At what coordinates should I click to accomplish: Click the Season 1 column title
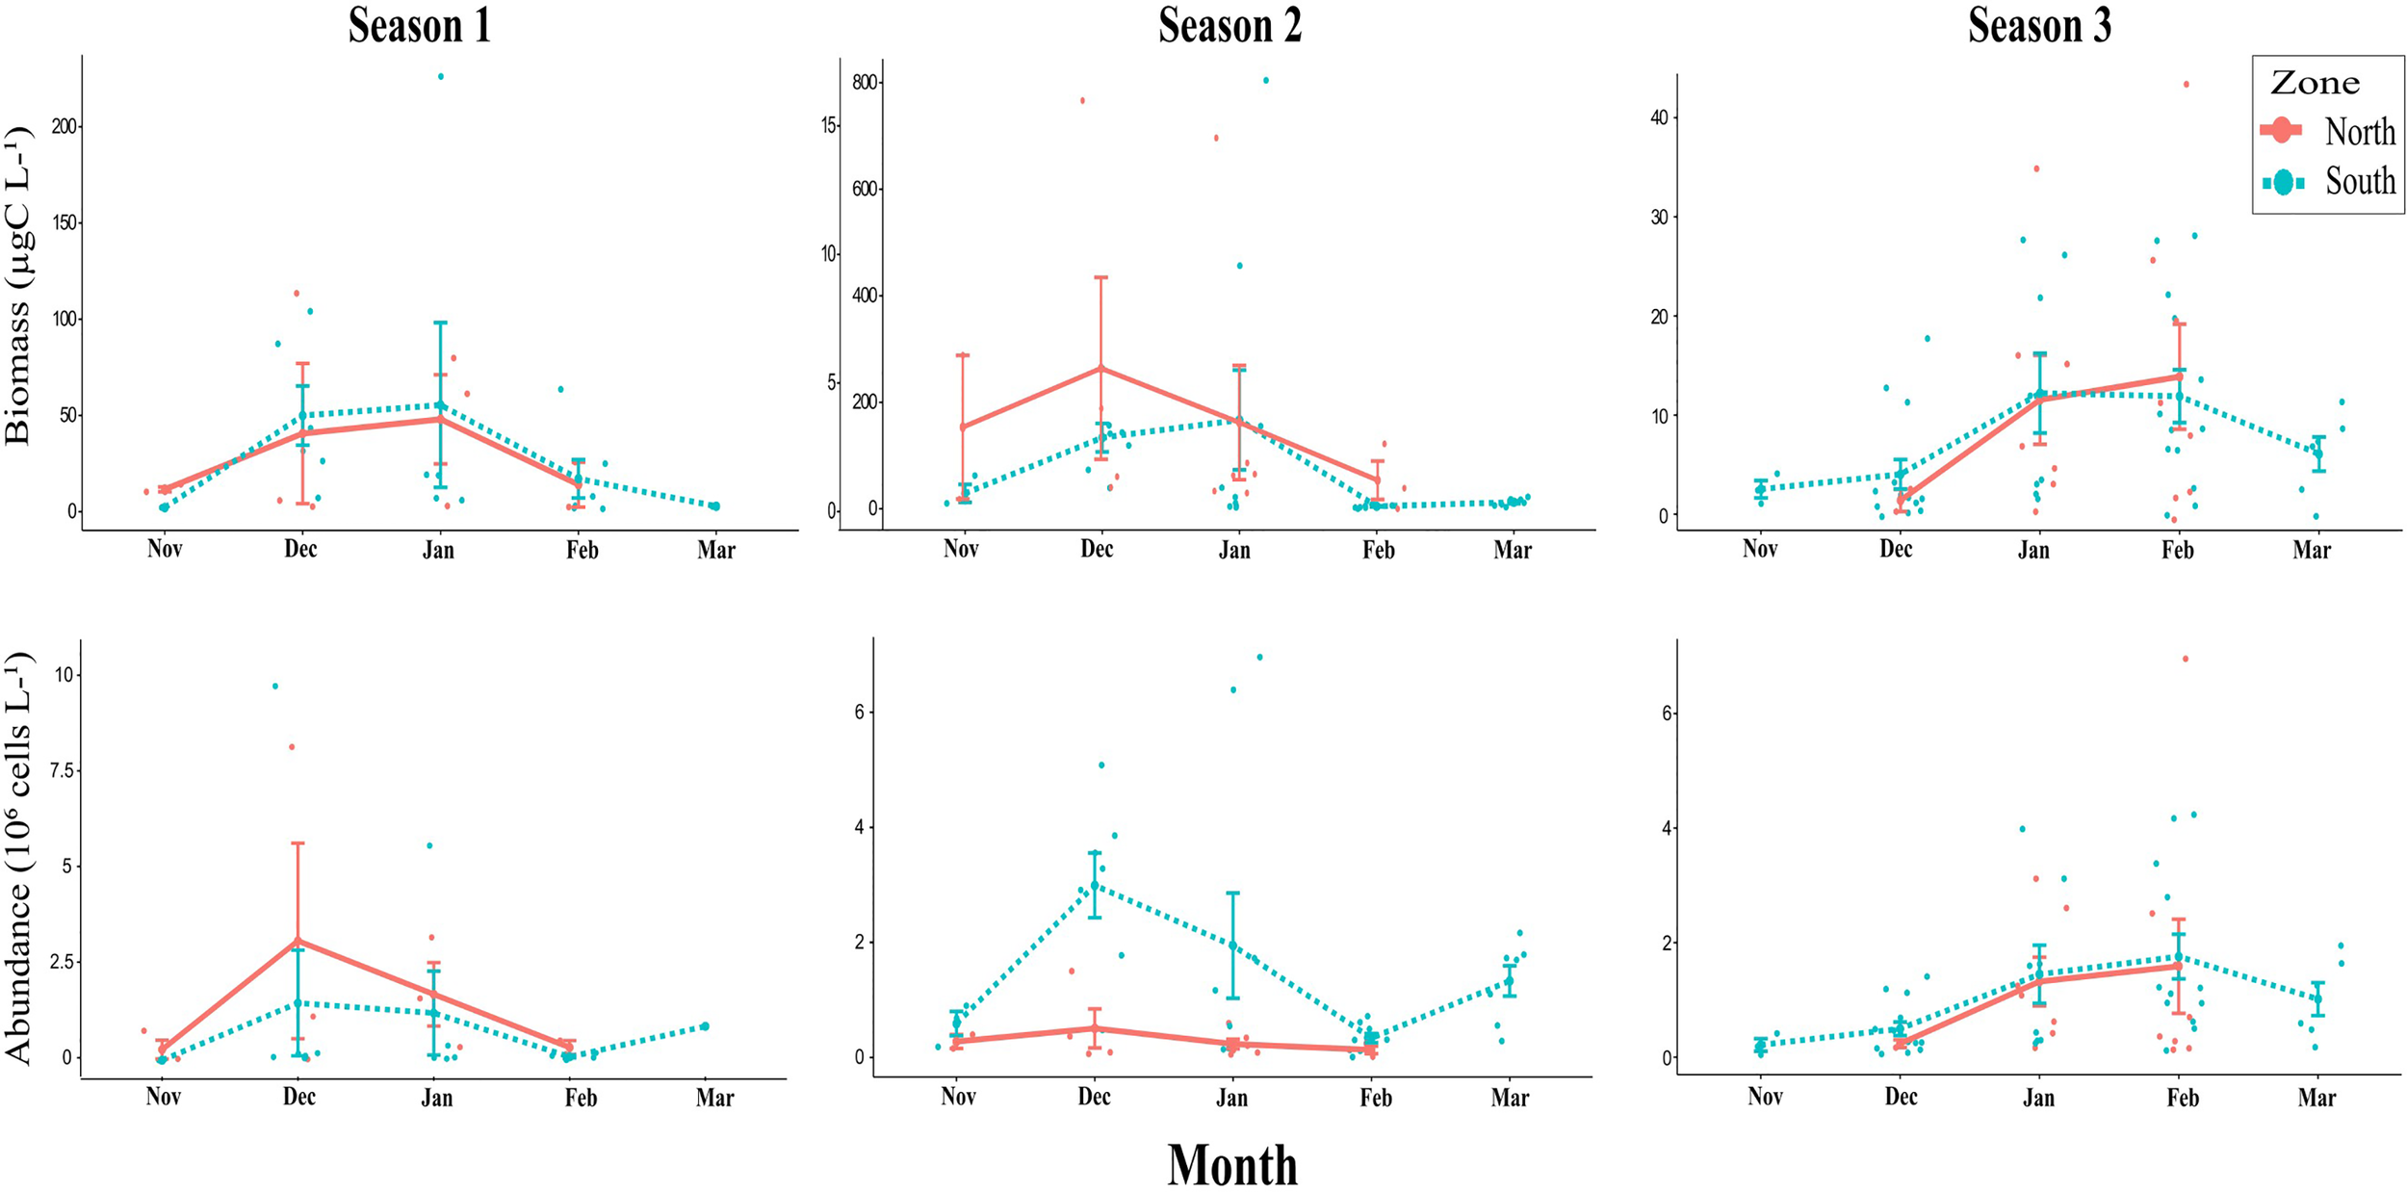coord(420,26)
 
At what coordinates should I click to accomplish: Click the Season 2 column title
coord(1229,26)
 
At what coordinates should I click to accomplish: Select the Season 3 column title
coord(2039,26)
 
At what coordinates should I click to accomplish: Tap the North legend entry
coord(2359,132)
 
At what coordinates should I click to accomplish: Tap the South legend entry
coord(2359,181)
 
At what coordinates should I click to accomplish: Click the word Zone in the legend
coord(2315,84)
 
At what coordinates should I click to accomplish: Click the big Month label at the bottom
coord(1232,1165)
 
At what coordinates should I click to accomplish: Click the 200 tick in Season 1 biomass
coord(65,127)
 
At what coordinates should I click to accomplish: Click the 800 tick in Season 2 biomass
coord(865,83)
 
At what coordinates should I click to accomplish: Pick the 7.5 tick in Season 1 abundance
coord(63,770)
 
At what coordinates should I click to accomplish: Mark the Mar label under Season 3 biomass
coord(2311,550)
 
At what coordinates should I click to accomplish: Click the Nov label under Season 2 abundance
coord(958,1098)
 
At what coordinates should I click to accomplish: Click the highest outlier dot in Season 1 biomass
coord(441,76)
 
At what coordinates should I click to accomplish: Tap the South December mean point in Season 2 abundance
coord(1095,885)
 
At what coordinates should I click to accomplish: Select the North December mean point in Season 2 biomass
coord(1100,368)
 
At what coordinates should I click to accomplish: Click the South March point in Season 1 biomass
coord(714,505)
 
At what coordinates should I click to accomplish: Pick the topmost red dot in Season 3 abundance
coord(2185,659)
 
